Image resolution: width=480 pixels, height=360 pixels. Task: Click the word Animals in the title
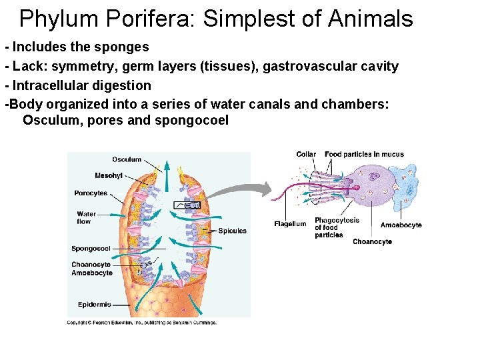click(x=371, y=19)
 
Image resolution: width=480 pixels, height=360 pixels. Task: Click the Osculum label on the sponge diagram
click(x=127, y=159)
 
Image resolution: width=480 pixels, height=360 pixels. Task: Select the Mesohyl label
click(x=109, y=176)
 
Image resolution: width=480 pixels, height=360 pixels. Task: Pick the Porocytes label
click(x=91, y=193)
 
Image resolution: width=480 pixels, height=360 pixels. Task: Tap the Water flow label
click(x=86, y=217)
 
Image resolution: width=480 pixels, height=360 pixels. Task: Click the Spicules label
click(x=232, y=231)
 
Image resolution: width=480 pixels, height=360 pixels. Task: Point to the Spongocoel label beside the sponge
click(x=91, y=249)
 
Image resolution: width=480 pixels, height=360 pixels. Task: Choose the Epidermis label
click(x=95, y=305)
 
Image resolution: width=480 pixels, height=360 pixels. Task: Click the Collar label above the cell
click(x=306, y=155)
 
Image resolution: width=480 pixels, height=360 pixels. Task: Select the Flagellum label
click(x=290, y=224)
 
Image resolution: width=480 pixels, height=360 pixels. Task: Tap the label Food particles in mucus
click(x=364, y=155)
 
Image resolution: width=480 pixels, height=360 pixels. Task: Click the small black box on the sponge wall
click(x=187, y=205)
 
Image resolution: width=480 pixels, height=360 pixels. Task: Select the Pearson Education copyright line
click(x=141, y=323)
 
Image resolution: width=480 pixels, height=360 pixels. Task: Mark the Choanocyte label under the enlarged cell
click(x=372, y=241)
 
